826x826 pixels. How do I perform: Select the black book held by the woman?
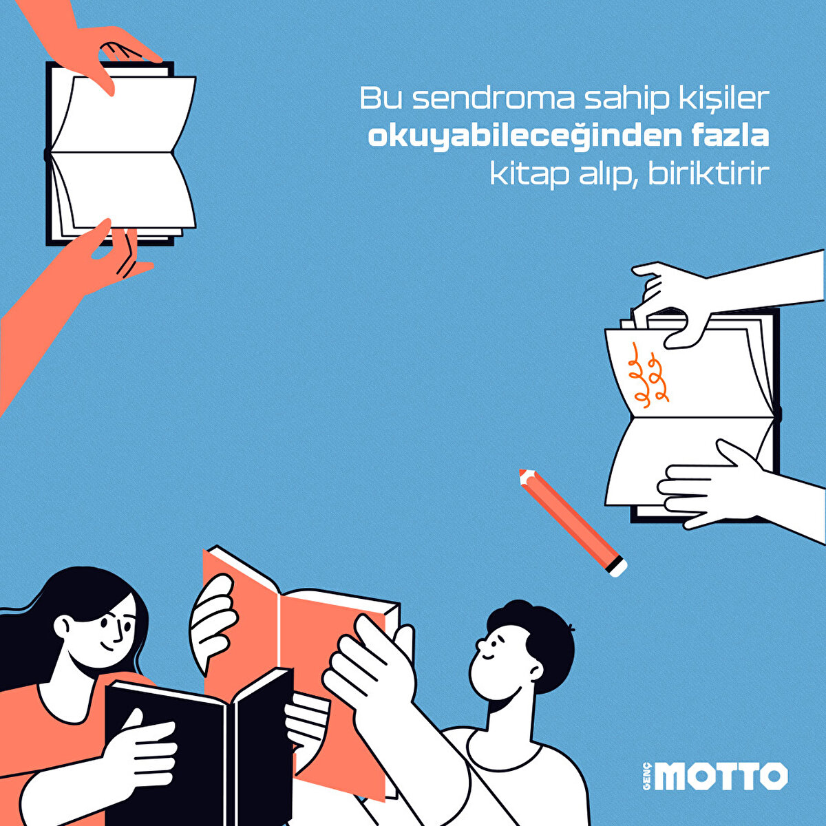pos(200,750)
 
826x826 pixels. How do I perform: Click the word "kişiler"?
pos(730,99)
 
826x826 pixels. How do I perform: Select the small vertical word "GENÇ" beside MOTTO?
pos(646,776)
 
